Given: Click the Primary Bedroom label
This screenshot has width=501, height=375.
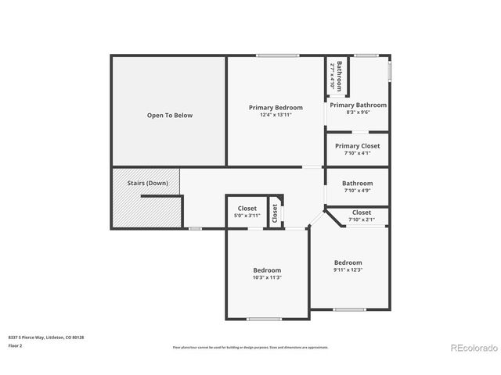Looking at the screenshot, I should (x=276, y=107).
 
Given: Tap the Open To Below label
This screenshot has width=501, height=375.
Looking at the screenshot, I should (x=170, y=116).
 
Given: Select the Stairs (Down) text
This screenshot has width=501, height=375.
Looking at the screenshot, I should (x=147, y=183).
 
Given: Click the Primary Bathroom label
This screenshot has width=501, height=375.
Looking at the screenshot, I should (x=358, y=105).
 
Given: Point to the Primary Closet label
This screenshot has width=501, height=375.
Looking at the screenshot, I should (x=357, y=145).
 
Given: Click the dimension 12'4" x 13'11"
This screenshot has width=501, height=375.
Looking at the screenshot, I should (x=276, y=115).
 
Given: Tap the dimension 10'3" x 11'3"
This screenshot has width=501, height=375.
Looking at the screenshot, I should (x=266, y=277).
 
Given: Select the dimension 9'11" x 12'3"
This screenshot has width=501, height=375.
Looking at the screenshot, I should (x=348, y=270).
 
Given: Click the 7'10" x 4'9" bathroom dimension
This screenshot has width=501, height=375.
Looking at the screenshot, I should (x=357, y=191).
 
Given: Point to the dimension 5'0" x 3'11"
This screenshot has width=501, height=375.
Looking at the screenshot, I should (x=247, y=216).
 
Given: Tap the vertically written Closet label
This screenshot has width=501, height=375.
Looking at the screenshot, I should (x=275, y=212).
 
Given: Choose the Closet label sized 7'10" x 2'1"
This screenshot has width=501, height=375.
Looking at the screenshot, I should (x=361, y=212).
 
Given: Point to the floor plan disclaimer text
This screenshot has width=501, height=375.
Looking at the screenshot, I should (x=250, y=346).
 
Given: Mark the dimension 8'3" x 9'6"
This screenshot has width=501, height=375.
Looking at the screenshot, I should (x=358, y=112).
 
